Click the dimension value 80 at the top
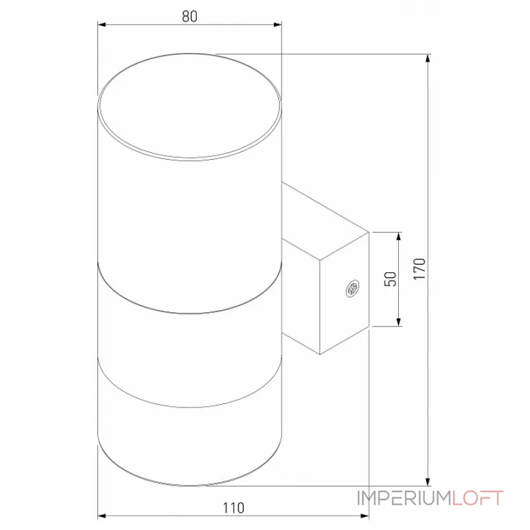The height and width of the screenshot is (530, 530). click(189, 17)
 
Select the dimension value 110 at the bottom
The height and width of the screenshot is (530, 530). click(233, 508)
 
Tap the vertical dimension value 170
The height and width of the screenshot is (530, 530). click(417, 269)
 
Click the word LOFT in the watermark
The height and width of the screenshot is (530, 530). click(478, 498)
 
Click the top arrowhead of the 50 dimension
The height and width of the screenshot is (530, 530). click(399, 237)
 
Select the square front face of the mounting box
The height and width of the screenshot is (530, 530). click(344, 291)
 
